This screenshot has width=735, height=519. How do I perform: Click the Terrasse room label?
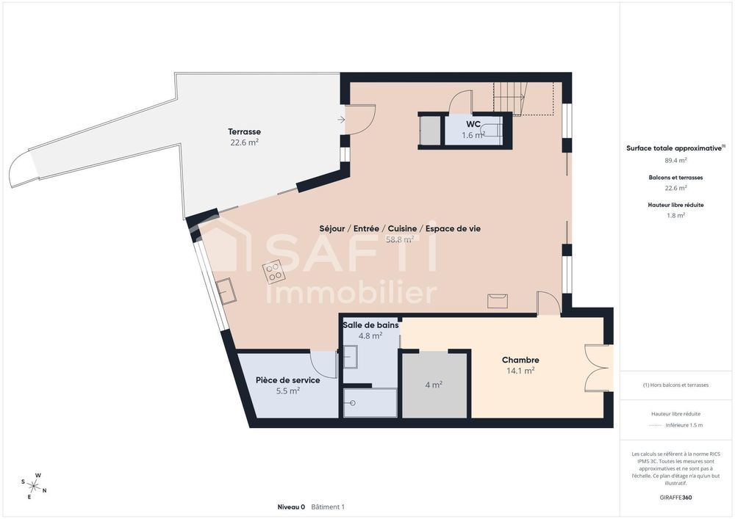click(244, 131)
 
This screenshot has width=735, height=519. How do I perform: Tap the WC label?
click(472, 125)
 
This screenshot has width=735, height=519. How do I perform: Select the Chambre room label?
click(520, 360)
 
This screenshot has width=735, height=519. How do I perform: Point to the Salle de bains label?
click(370, 324)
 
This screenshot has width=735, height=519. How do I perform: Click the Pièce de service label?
click(287, 380)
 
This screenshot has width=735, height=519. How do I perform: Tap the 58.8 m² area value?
click(399, 239)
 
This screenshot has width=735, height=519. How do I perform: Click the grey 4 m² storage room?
click(434, 385)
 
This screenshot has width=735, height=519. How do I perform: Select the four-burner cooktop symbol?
click(275, 272)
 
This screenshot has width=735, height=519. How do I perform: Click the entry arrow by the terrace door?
click(341, 119)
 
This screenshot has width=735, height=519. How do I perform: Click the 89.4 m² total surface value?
click(675, 159)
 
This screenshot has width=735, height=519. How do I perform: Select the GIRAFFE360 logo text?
click(675, 497)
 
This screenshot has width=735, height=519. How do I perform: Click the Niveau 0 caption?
click(291, 507)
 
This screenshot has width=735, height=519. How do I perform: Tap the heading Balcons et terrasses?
click(675, 178)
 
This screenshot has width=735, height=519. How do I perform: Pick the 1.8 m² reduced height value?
click(675, 215)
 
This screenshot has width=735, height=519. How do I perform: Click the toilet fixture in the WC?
click(493, 132)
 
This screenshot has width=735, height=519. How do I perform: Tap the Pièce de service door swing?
click(324, 362)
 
